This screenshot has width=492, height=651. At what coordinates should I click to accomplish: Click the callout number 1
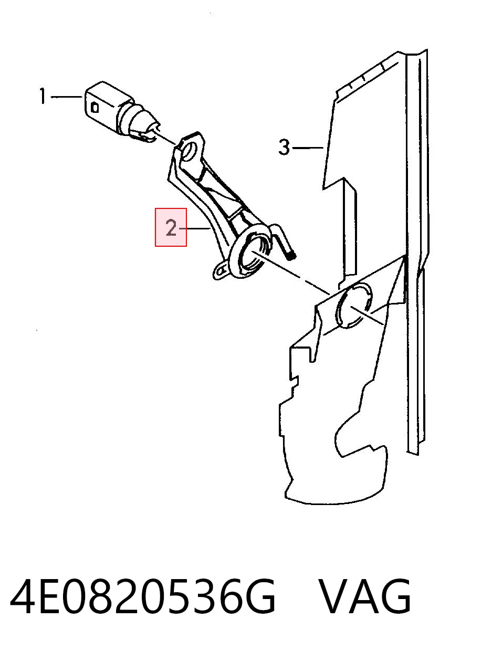pyautogui.click(x=43, y=96)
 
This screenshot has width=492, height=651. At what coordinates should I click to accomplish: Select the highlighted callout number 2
pyautogui.click(x=171, y=228)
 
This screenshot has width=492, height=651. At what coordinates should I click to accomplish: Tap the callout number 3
pyautogui.click(x=284, y=147)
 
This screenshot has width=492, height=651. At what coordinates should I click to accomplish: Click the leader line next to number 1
pyautogui.click(x=67, y=97)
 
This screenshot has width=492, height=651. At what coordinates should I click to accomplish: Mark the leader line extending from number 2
pyautogui.click(x=195, y=228)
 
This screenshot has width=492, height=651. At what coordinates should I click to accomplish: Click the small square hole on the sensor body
pyautogui.click(x=95, y=107)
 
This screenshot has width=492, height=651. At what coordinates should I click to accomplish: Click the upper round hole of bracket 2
pyautogui.click(x=189, y=151)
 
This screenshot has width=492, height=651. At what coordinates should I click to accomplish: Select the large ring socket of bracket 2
pyautogui.click(x=253, y=255)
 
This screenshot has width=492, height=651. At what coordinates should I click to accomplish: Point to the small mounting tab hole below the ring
pyautogui.click(x=220, y=271)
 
